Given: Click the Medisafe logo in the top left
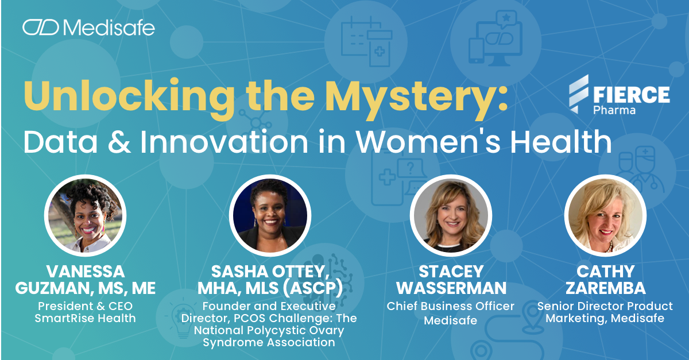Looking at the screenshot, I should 88,27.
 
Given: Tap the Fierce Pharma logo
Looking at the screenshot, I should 618,95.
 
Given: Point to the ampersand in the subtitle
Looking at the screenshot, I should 114,141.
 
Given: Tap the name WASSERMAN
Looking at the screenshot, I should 451,288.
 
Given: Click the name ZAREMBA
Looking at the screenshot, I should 605,288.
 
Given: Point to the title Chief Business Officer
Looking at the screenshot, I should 451,306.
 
